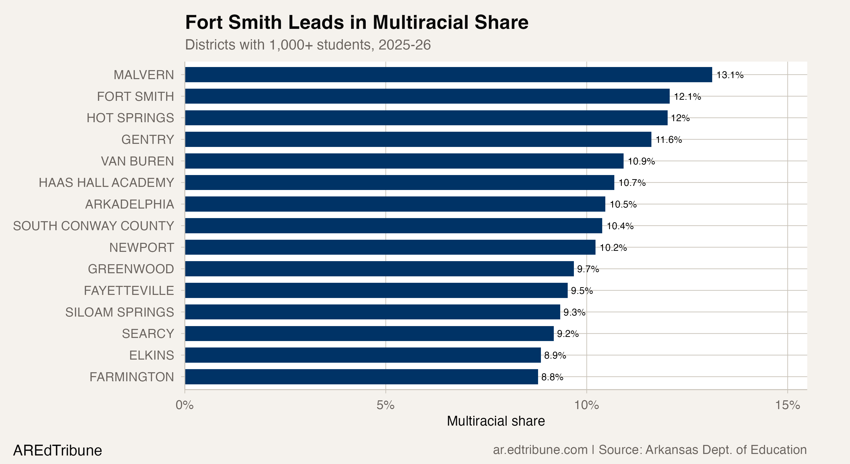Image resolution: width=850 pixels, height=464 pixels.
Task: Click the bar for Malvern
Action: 448,75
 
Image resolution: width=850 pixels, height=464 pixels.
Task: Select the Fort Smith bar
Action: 427,96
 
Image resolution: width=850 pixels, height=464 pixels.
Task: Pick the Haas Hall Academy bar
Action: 399,182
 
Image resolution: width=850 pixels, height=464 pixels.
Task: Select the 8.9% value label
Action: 555,355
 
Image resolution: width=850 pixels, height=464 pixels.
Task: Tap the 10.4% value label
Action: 620,226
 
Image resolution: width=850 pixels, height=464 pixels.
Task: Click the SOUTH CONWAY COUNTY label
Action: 93,226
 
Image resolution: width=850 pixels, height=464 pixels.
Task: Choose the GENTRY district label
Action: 148,139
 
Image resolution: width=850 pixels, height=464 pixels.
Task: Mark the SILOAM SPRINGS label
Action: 120,312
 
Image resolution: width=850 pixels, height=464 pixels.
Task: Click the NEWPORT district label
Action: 142,247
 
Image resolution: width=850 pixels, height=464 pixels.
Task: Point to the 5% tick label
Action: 385,405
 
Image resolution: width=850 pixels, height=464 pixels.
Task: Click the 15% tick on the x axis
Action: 788,405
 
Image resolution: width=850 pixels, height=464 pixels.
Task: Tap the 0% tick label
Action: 184,405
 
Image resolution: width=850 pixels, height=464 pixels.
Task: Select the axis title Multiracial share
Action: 496,421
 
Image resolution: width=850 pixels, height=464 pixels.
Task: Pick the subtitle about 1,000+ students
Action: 308,45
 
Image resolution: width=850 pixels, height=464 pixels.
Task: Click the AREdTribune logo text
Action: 57,450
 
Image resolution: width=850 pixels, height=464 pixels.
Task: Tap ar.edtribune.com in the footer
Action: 540,450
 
